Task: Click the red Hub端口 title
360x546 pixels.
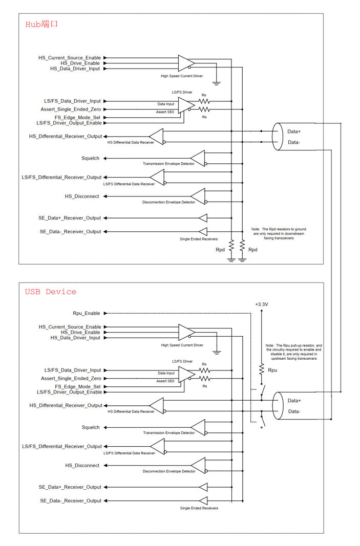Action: point(41,24)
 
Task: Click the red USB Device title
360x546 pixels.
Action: point(51,292)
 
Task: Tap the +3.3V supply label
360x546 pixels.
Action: point(261,304)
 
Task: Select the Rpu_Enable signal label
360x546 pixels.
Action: point(87,313)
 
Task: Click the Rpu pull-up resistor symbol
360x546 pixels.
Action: point(262,369)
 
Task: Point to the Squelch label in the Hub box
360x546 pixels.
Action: point(90,159)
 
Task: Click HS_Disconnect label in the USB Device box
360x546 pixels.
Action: point(82,466)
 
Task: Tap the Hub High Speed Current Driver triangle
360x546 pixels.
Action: point(186,63)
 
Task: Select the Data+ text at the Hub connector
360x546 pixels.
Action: point(294,132)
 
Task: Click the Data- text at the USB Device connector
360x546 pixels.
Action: point(294,411)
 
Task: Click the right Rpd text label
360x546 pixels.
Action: point(252,250)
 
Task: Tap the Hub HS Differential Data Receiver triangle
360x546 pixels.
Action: point(157,137)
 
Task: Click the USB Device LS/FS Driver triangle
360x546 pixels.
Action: point(186,375)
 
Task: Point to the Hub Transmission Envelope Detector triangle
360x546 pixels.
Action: point(198,159)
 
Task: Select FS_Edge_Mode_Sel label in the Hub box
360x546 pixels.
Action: point(77,118)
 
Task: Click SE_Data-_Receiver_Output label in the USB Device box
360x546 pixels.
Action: point(70,501)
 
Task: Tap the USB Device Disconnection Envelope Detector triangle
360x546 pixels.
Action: point(198,466)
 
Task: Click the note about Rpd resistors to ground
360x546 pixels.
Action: point(279,234)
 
